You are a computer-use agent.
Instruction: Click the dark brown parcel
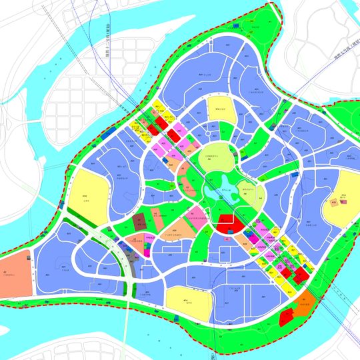[139, 221]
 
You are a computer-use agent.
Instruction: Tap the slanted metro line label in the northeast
[339, 57]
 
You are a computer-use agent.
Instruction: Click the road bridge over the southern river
[127, 327]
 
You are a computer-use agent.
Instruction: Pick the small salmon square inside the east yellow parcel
[333, 203]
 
